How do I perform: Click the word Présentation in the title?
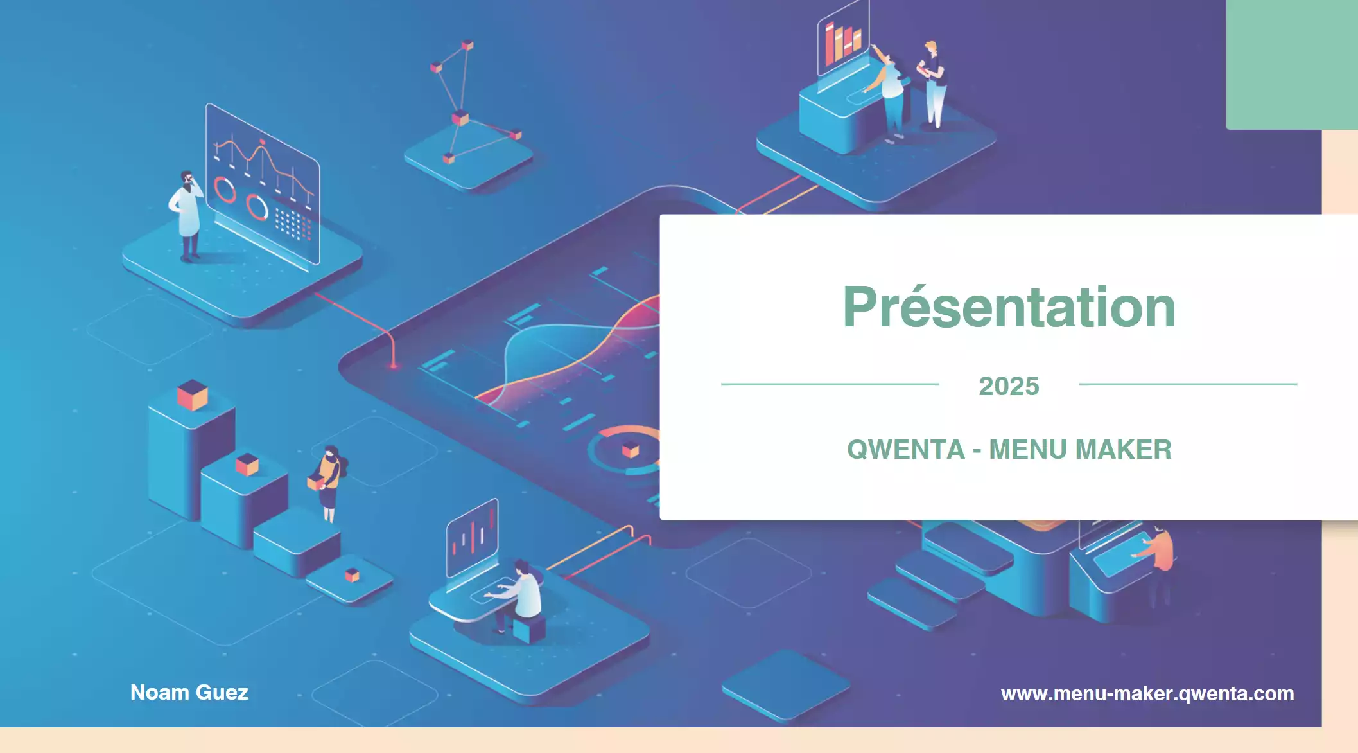1009,307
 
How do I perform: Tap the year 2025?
1009,386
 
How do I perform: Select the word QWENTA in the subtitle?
906,450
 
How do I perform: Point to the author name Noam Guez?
189,693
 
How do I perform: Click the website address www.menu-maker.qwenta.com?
1147,694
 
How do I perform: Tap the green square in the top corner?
1292,64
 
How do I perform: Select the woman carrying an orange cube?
327,482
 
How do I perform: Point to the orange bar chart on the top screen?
842,42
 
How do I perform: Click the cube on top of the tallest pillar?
192,394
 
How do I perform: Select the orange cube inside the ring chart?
631,450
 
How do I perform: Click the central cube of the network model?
460,118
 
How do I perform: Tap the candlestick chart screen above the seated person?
473,538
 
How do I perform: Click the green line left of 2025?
830,384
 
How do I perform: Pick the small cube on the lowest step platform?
352,575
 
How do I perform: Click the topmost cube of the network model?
468,45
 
